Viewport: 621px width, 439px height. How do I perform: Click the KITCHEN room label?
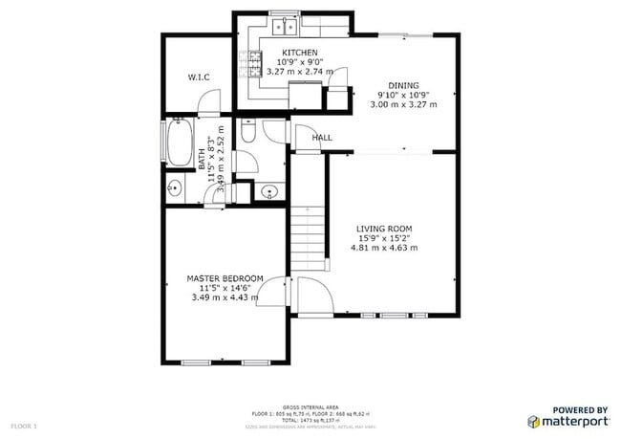click(300, 53)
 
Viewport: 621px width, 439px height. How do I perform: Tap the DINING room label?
click(403, 84)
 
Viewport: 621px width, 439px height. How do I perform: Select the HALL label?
click(322, 138)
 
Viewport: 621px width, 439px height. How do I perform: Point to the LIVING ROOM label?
click(384, 228)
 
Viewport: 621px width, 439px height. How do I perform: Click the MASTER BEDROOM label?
click(225, 278)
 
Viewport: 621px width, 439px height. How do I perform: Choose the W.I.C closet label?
click(199, 77)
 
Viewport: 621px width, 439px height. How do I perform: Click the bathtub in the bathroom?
click(179, 143)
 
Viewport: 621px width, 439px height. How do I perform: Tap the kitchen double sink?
click(285, 27)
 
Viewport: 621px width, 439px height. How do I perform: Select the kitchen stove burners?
click(254, 65)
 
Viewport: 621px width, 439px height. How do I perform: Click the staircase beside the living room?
click(308, 237)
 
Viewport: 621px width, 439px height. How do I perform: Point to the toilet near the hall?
click(248, 136)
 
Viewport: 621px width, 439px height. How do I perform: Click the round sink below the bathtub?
click(175, 187)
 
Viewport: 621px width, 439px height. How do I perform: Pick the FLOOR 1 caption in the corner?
click(24, 425)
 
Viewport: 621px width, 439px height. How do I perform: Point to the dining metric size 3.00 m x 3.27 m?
click(404, 104)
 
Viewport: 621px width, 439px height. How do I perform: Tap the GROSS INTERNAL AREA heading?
click(310, 406)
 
